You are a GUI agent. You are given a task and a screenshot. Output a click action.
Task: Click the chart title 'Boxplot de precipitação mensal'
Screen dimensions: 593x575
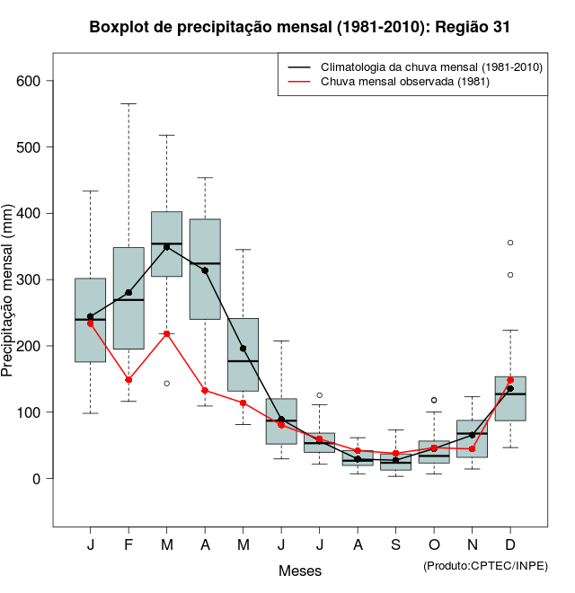click(300, 27)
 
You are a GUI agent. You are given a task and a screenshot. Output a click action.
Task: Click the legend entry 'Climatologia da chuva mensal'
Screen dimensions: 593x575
click(431, 67)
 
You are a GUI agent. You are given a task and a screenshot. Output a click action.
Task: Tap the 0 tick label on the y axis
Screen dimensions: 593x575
click(37, 479)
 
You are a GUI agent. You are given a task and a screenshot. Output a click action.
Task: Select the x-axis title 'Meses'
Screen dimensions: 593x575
click(300, 571)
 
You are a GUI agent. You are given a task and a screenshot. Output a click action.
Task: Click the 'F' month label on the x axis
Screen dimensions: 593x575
click(128, 545)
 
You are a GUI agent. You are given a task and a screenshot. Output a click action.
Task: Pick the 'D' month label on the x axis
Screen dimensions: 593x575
click(510, 545)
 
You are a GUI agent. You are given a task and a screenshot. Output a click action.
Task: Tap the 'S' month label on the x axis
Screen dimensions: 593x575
click(395, 545)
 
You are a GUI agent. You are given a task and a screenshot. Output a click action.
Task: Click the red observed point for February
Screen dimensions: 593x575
click(128, 380)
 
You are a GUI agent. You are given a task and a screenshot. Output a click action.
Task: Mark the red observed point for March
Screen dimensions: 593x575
click(167, 334)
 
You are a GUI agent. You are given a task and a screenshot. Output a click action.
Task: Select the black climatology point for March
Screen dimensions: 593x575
click(167, 247)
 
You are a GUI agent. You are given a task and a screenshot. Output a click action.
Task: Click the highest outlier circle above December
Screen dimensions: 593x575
click(510, 243)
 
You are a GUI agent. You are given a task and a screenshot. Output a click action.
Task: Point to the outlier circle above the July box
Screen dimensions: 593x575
click(319, 395)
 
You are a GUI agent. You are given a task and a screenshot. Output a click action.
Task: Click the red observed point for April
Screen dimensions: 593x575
click(205, 391)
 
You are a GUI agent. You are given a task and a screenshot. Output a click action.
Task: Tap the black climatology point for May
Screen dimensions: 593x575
click(243, 349)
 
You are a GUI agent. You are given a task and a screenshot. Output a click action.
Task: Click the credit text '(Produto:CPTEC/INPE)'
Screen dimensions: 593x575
click(485, 565)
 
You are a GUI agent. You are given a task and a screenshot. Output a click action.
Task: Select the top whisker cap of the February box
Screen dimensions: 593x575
click(128, 103)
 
